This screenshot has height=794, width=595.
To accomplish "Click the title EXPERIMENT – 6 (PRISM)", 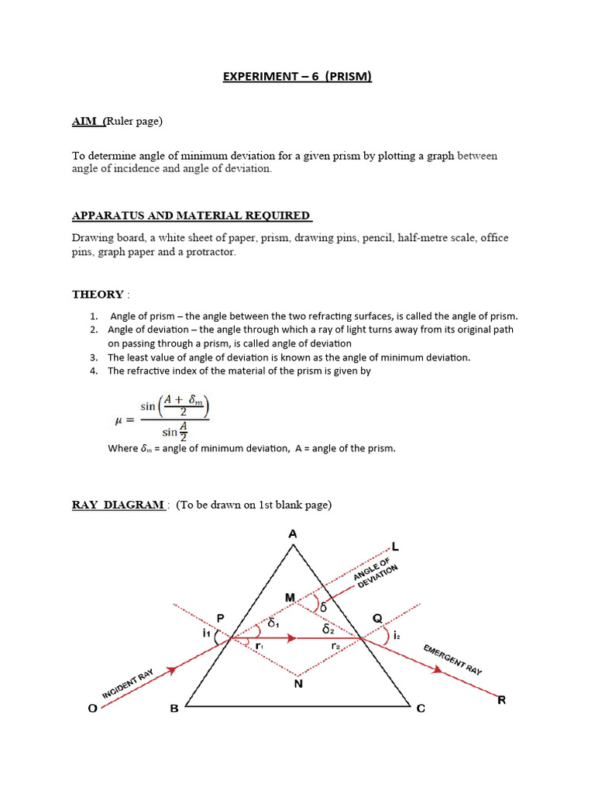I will [x=297, y=77].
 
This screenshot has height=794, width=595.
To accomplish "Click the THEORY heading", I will [x=98, y=294].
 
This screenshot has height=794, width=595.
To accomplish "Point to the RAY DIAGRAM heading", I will [x=119, y=505].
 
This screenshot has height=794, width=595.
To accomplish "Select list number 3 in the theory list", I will [x=93, y=357].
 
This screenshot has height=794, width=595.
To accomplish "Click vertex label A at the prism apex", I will [x=293, y=533].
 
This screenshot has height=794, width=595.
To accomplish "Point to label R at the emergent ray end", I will [x=501, y=700].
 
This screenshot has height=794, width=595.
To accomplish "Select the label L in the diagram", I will [x=395, y=547].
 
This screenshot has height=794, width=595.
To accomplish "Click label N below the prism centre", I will [x=298, y=683].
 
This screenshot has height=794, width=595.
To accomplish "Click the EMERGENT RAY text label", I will [x=452, y=659].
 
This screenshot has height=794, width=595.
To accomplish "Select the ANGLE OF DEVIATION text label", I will [x=376, y=579].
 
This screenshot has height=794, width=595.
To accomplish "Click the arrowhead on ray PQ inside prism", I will [x=291, y=639].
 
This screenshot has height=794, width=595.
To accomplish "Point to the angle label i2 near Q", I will [x=397, y=635].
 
